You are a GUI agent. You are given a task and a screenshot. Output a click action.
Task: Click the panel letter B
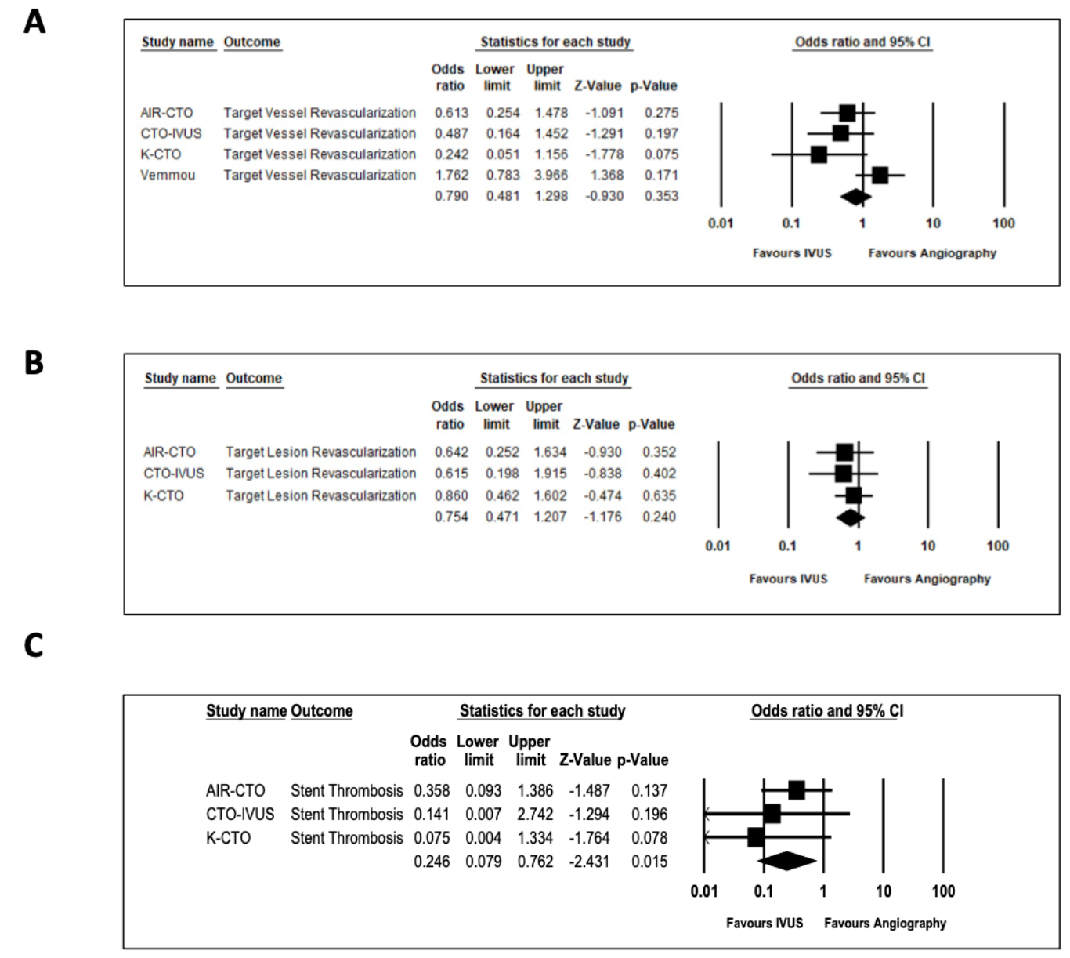point(34,363)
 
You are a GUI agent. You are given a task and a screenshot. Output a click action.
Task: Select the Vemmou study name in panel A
point(168,175)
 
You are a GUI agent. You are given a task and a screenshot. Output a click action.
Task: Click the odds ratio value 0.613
point(451,112)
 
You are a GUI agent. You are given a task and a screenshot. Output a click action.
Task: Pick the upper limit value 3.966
point(551,175)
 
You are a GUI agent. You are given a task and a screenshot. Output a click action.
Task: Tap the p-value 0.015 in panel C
point(649,862)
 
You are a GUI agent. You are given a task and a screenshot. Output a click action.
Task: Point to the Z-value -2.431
point(584,862)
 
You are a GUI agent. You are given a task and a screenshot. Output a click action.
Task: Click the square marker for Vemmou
point(880,175)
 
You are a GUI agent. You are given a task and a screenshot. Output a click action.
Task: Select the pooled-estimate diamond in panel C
point(787,861)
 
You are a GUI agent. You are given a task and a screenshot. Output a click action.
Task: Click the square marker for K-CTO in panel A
point(819,154)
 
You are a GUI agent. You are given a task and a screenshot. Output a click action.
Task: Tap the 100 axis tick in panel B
point(997,546)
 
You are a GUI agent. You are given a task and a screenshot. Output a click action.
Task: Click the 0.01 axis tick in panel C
point(703,891)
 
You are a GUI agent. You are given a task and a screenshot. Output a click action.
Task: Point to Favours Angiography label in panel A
point(932,253)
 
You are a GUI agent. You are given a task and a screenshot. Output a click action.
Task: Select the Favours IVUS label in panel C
point(764,923)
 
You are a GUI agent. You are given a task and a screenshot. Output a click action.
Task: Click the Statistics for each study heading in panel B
point(554,378)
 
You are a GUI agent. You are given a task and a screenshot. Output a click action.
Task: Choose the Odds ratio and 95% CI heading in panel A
point(862,42)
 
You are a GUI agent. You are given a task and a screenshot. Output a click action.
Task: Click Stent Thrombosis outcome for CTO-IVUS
point(346,814)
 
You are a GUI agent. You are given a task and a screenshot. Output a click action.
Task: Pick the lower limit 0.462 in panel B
point(502,495)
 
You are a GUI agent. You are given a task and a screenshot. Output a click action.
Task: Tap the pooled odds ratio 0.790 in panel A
point(451,196)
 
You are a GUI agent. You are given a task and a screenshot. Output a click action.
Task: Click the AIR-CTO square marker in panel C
point(797,790)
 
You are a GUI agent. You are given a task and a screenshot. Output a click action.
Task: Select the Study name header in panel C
point(246,711)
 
